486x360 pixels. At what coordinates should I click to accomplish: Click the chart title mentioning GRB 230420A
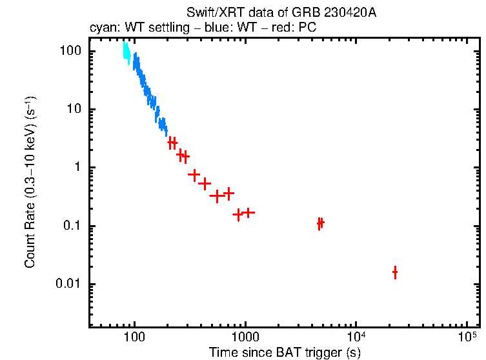(281, 14)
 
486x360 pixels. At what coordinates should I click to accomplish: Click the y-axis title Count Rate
(30, 183)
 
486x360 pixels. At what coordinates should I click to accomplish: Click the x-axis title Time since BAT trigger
(285, 352)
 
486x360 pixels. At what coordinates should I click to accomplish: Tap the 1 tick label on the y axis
(79, 168)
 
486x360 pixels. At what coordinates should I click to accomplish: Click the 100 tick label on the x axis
(134, 337)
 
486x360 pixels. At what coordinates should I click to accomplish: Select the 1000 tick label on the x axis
(245, 337)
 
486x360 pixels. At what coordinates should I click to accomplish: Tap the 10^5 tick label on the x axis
(467, 336)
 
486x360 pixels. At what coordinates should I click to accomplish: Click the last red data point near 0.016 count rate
(395, 272)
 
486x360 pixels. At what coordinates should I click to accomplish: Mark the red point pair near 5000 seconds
(320, 223)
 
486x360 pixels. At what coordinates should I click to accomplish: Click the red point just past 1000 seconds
(248, 212)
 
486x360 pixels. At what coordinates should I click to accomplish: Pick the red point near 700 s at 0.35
(228, 193)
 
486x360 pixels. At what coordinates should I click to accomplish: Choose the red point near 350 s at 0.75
(194, 175)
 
